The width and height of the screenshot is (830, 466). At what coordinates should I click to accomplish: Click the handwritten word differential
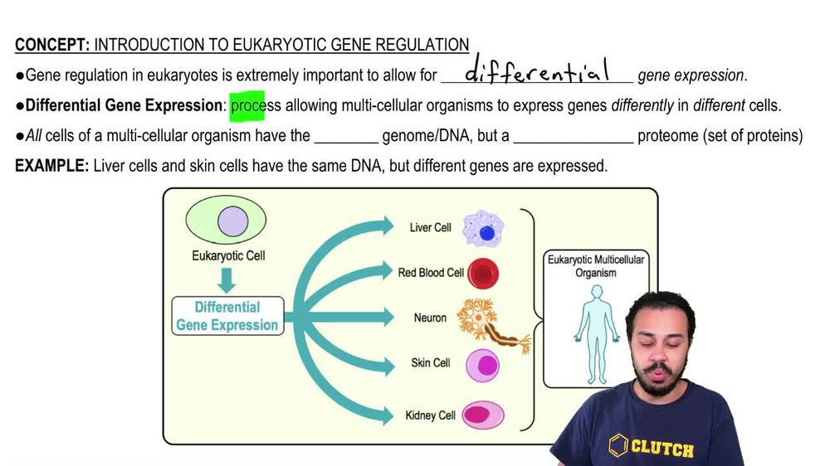point(537,72)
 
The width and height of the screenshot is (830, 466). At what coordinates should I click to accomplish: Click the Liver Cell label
point(430,227)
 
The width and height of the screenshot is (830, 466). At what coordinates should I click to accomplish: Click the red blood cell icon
point(483,273)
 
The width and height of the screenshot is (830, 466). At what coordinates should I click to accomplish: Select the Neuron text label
point(430,318)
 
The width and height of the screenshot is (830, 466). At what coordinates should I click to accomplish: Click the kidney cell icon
point(482,415)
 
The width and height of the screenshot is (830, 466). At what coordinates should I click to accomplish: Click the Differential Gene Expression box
point(227,316)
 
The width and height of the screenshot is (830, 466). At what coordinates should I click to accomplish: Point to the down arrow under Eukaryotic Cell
point(227,279)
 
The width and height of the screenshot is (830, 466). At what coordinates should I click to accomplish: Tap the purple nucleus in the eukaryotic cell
point(232,222)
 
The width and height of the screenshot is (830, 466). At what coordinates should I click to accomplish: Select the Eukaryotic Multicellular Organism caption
point(595,266)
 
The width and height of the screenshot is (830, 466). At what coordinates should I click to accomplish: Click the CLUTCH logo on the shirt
point(652,448)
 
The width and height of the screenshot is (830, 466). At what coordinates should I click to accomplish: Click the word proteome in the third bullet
point(668,136)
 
